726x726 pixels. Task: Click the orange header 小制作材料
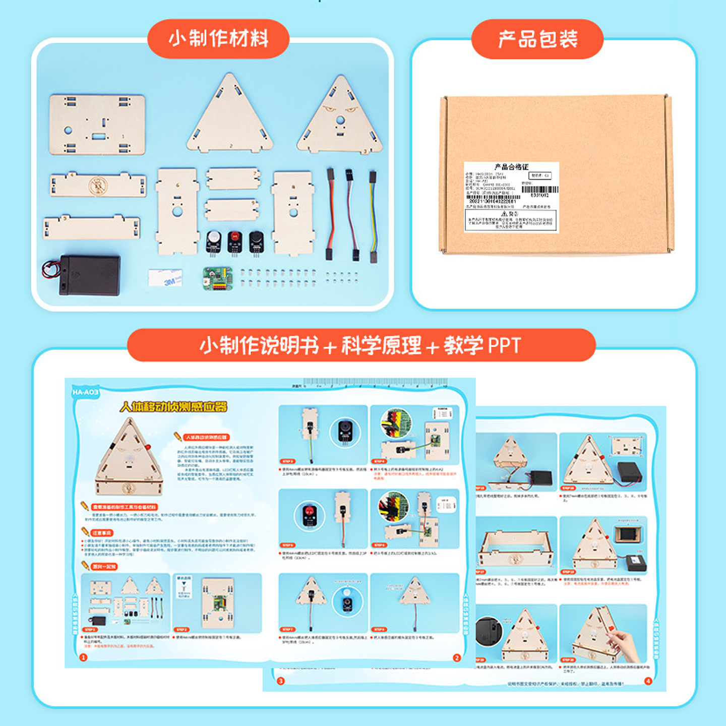click(x=218, y=39)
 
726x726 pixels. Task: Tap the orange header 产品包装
click(x=537, y=39)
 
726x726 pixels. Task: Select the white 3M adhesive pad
click(x=165, y=278)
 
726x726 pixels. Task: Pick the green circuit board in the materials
click(x=218, y=278)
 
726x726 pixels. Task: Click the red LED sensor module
click(x=235, y=240)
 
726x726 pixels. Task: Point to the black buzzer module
click(x=256, y=240)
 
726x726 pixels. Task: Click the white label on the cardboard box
click(x=511, y=197)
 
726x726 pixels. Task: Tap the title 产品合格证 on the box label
click(x=511, y=167)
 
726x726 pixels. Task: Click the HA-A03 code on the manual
click(x=85, y=392)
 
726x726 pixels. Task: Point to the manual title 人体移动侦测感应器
click(x=173, y=407)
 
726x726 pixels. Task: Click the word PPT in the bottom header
click(x=504, y=346)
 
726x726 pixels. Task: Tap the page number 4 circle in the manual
click(x=648, y=681)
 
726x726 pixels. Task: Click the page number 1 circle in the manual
click(x=84, y=657)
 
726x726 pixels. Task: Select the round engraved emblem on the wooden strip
click(x=97, y=186)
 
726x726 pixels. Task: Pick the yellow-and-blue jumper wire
click(x=373, y=217)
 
